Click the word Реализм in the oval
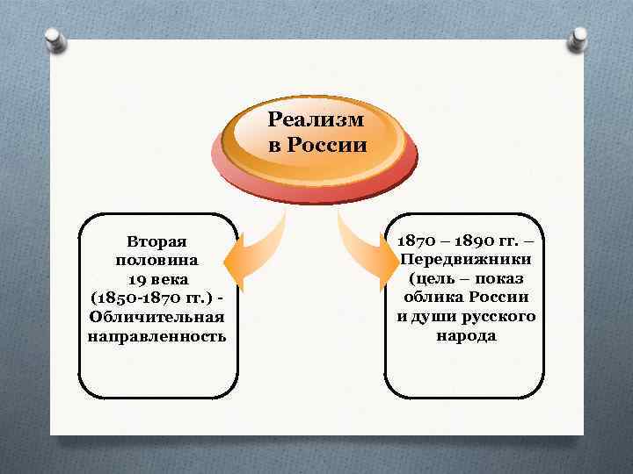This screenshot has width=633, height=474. pyautogui.click(x=316, y=120)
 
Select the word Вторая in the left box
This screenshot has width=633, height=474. pyautogui.click(x=156, y=241)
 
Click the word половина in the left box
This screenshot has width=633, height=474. pyautogui.click(x=156, y=260)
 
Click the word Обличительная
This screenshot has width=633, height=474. pyautogui.click(x=156, y=317)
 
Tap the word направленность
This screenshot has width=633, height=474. pyautogui.click(x=156, y=336)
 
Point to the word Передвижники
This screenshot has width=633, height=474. pyautogui.click(x=466, y=260)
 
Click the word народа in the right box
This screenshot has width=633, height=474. pyautogui.click(x=466, y=336)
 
